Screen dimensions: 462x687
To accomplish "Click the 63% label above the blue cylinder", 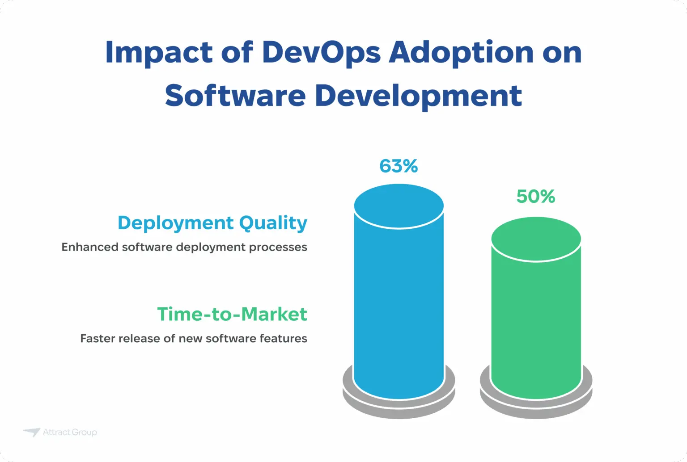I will (x=399, y=166).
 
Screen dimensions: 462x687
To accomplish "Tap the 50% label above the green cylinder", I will (x=535, y=197).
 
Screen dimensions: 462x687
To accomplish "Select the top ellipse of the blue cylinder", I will (x=399, y=206).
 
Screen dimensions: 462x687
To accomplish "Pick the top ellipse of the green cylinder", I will (x=536, y=239).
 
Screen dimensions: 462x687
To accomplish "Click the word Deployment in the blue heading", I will (x=175, y=223).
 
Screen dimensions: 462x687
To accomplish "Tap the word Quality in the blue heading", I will (x=273, y=223).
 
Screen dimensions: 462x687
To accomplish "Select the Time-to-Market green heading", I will (x=232, y=314).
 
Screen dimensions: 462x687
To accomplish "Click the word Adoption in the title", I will (x=462, y=53).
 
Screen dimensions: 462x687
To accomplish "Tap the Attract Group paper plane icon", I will (x=32, y=432).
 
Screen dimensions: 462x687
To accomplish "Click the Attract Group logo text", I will (x=70, y=432).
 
